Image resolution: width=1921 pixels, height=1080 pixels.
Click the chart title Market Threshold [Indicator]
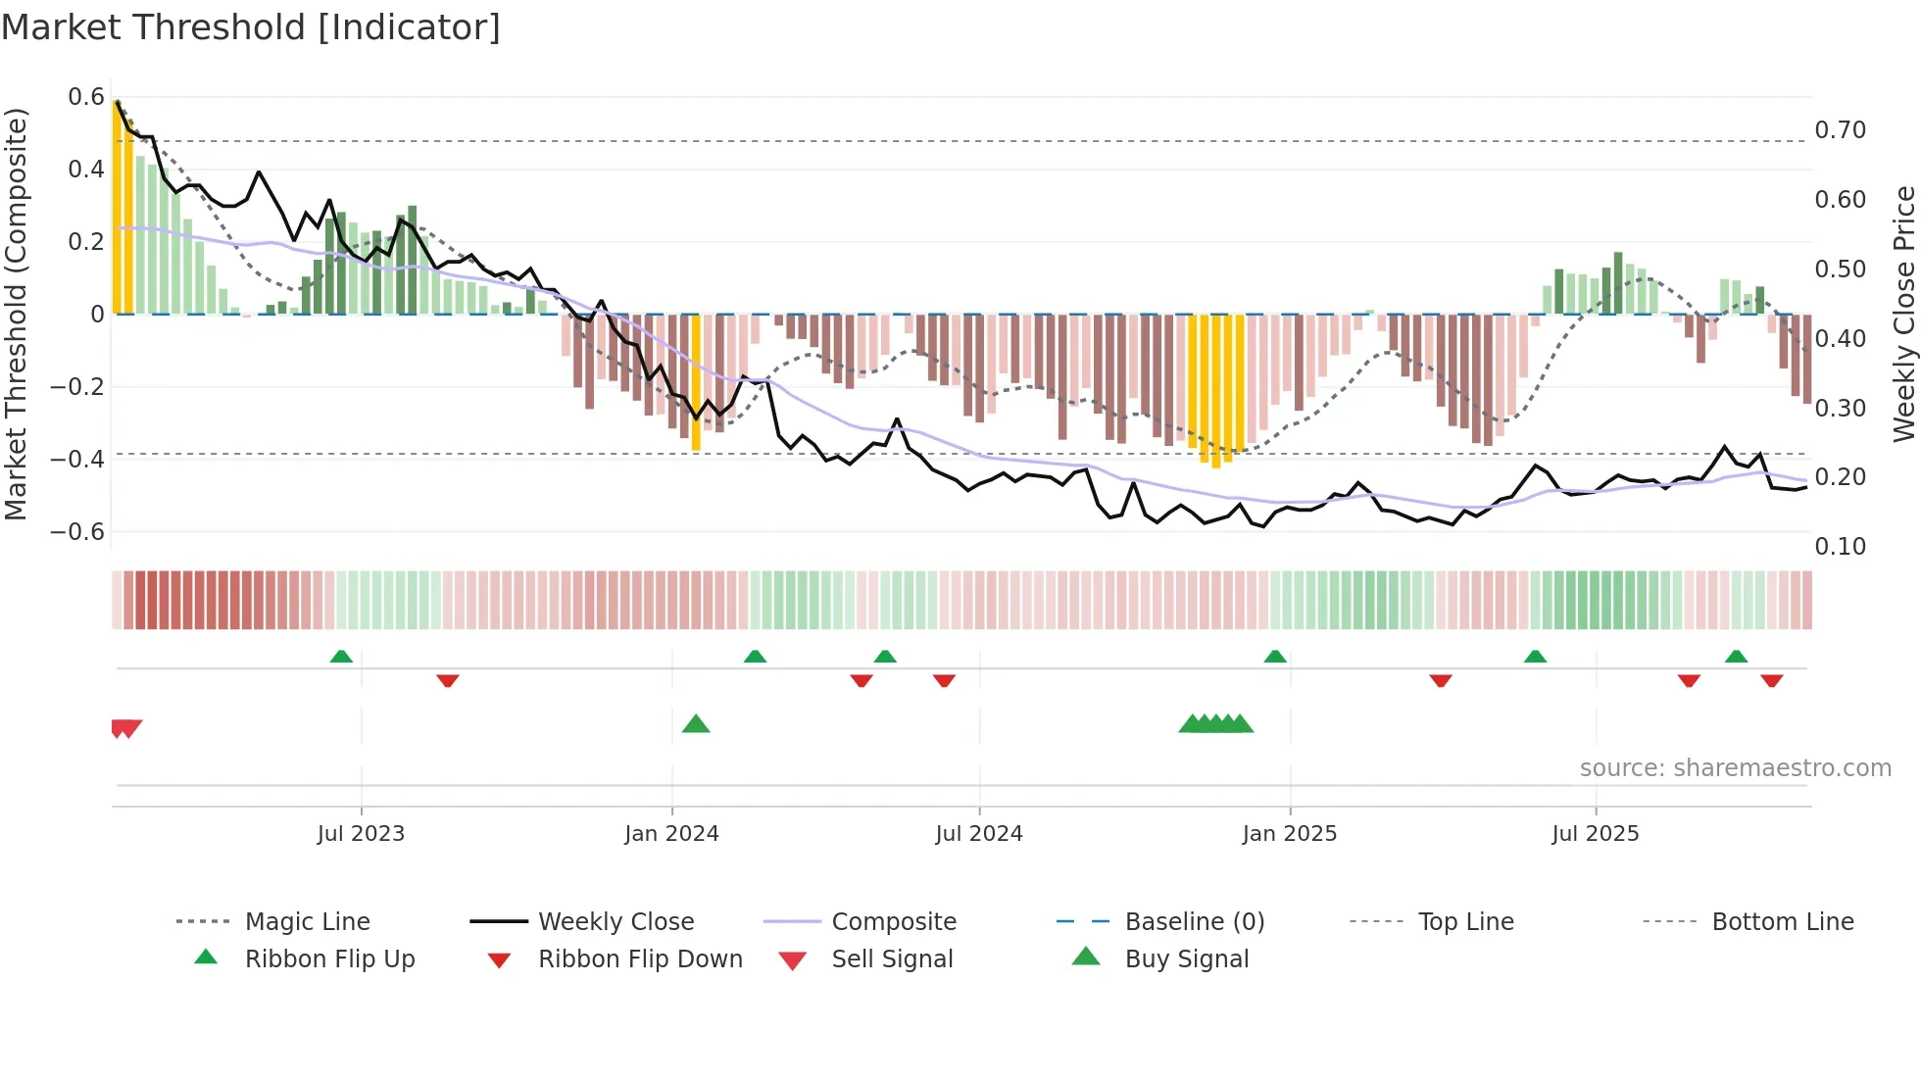pyautogui.click(x=251, y=27)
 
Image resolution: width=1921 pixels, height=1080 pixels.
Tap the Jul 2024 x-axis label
pyautogui.click(x=978, y=834)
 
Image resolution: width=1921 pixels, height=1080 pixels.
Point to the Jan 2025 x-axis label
pyautogui.click(x=1289, y=834)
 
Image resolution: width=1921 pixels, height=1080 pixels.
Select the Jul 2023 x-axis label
pyautogui.click(x=361, y=834)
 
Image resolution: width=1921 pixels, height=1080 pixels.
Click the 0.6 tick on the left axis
pyautogui.click(x=86, y=97)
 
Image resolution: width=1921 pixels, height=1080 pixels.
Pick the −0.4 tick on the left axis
pyautogui.click(x=77, y=460)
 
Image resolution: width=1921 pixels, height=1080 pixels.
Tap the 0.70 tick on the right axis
pyautogui.click(x=1840, y=130)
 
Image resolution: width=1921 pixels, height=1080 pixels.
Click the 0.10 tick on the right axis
pyautogui.click(x=1840, y=547)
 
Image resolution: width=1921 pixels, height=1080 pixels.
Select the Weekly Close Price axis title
pyautogui.click(x=1903, y=314)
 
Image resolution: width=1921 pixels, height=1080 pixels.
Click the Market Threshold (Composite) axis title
pyautogui.click(x=16, y=314)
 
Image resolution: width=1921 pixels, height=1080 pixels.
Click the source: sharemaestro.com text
pyautogui.click(x=1735, y=768)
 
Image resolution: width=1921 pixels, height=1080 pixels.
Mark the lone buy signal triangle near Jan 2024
pyautogui.click(x=696, y=724)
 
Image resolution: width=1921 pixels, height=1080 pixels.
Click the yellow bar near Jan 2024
pyautogui.click(x=696, y=382)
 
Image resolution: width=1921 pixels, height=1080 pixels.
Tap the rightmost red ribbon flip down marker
pyautogui.click(x=1771, y=680)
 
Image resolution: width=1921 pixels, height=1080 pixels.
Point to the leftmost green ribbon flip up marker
pyautogui.click(x=341, y=657)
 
